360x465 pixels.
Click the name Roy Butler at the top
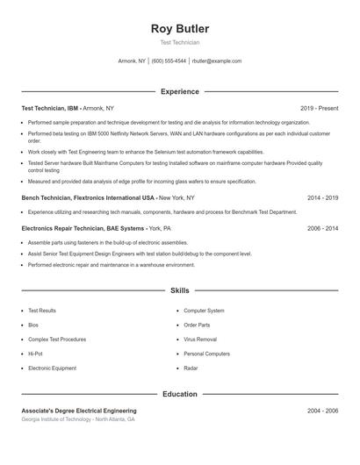click(x=179, y=29)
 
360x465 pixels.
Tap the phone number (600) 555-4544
click(x=169, y=61)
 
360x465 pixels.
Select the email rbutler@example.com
click(x=216, y=61)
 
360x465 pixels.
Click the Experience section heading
click(x=179, y=91)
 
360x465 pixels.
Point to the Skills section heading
click(x=179, y=290)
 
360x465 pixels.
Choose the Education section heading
click(x=179, y=394)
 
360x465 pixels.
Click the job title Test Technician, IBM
click(x=51, y=108)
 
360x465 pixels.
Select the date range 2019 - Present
click(x=319, y=108)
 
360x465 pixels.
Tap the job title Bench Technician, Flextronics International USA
click(x=88, y=198)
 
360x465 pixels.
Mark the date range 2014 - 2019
click(x=322, y=198)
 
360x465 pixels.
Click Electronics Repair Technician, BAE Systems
click(x=77, y=228)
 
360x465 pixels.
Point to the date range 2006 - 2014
click(x=322, y=228)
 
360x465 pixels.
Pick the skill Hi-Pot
click(x=35, y=354)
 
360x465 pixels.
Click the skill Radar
click(x=191, y=368)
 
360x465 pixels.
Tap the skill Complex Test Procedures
click(x=56, y=340)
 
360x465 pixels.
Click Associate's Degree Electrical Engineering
click(x=79, y=411)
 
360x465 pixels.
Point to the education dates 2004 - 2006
click(x=322, y=411)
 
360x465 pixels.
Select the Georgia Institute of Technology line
click(x=78, y=419)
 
